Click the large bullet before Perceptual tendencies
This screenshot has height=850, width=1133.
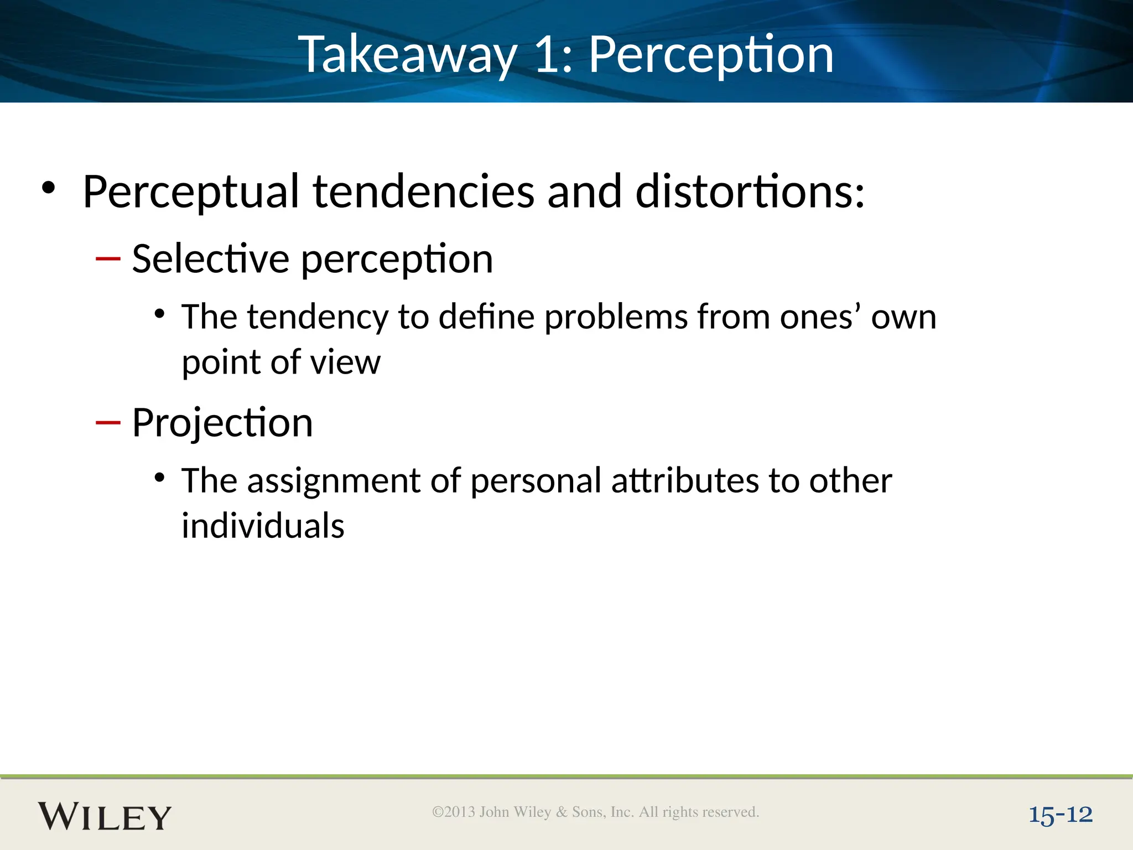49,188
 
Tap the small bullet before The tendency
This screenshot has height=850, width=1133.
160,314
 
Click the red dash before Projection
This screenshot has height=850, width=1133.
108,423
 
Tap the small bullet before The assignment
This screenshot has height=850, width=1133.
160,478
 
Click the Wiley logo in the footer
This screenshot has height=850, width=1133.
105,816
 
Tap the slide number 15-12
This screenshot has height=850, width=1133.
1060,815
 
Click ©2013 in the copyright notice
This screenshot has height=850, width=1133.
454,812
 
